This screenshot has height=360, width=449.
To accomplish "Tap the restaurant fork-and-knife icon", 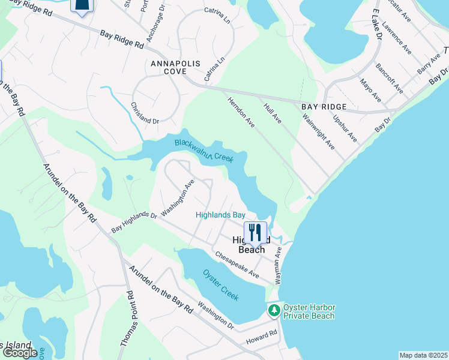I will tap(255, 232).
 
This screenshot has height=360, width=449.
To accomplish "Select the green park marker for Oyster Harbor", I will tap(274, 311).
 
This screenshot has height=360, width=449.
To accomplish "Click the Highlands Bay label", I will tap(221, 215).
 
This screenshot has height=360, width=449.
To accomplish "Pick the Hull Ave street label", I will tap(273, 113).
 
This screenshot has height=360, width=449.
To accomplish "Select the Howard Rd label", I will tap(262, 338).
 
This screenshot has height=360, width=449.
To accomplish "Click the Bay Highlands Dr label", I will tap(134, 222).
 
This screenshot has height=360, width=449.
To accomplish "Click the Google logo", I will tap(20, 353).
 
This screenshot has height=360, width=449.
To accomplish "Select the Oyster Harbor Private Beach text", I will tap(309, 311).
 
